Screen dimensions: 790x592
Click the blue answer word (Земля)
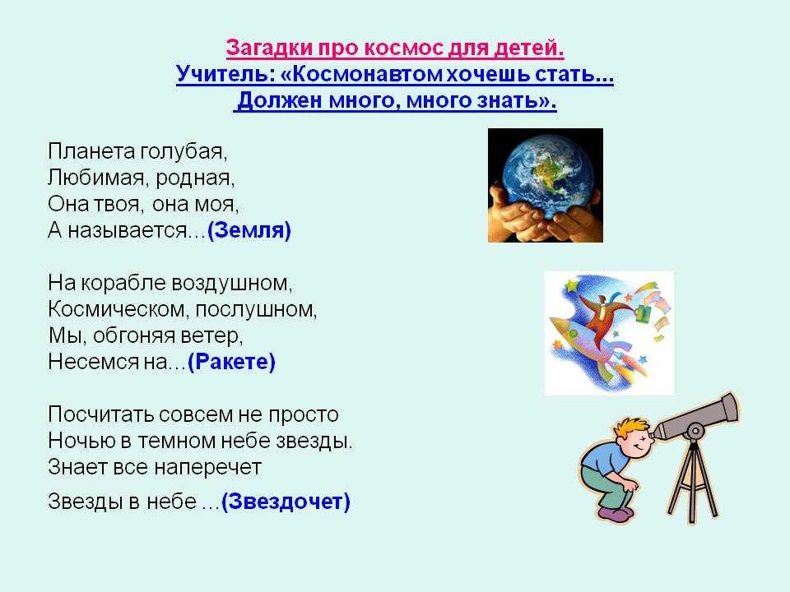(249, 230)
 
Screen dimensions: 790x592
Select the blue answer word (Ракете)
(231, 362)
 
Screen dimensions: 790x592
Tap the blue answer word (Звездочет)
(286, 502)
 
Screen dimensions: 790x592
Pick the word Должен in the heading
(280, 100)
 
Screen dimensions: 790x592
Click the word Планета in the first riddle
(91, 151)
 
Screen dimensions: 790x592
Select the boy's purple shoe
(616, 513)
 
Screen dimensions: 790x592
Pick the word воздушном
(231, 283)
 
